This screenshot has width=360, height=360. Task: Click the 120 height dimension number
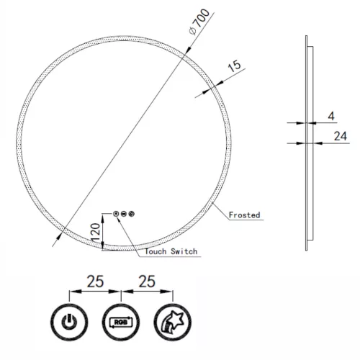(94, 232)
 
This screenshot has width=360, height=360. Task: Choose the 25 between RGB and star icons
(148, 282)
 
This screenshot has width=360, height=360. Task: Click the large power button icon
(69, 321)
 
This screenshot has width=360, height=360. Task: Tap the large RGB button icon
(121, 321)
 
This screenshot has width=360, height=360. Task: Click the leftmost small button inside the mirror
(117, 214)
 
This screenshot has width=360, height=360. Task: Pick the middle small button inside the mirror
(125, 214)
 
